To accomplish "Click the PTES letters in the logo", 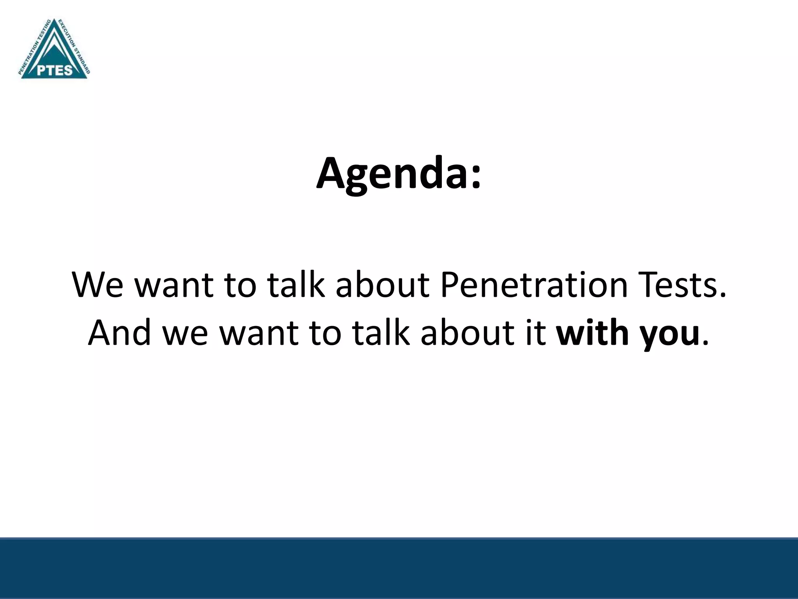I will click(55, 70).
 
